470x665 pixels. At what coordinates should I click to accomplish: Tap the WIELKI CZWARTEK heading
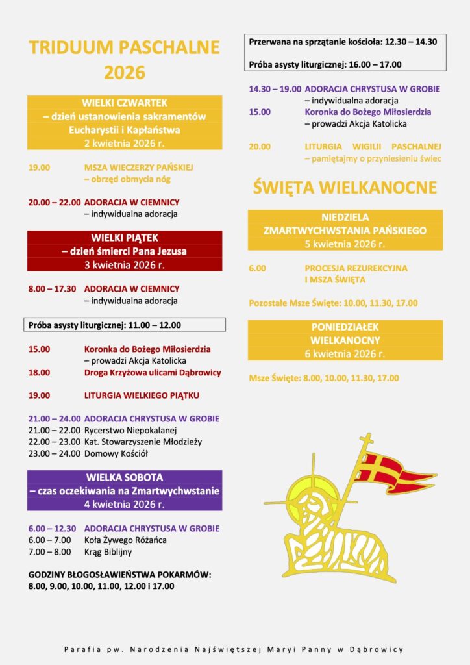[x=125, y=103]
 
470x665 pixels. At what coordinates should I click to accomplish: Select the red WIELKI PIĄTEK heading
[x=125, y=238]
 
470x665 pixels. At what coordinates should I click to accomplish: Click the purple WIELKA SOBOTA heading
[x=125, y=477]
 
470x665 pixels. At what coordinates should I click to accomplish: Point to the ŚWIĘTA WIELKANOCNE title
[x=345, y=188]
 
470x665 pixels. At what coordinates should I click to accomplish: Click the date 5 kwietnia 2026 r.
[x=345, y=244]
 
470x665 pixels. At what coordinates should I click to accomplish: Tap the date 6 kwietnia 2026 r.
[x=345, y=354]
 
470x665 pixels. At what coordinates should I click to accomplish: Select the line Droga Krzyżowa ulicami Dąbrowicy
[x=153, y=373]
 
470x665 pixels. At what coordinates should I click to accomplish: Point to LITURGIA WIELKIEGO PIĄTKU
[x=142, y=395]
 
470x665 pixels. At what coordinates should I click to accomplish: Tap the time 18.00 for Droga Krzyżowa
[x=39, y=373]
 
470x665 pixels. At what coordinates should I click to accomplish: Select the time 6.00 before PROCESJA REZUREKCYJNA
[x=257, y=268]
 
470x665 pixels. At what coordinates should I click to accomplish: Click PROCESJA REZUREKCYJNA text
[x=356, y=268]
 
